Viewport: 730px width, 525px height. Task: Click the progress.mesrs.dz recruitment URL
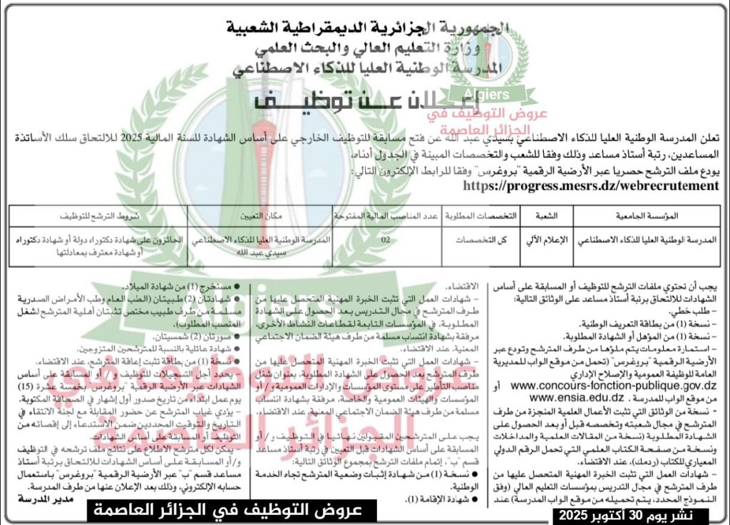click(590, 185)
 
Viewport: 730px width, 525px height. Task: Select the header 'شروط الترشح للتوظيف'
click(98, 214)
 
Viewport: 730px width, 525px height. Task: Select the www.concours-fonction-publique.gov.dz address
click(613, 385)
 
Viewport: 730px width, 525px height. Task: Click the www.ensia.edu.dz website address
click(577, 396)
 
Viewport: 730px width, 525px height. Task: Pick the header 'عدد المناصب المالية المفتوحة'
click(386, 214)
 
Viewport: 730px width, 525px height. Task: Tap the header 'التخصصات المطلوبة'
click(479, 214)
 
